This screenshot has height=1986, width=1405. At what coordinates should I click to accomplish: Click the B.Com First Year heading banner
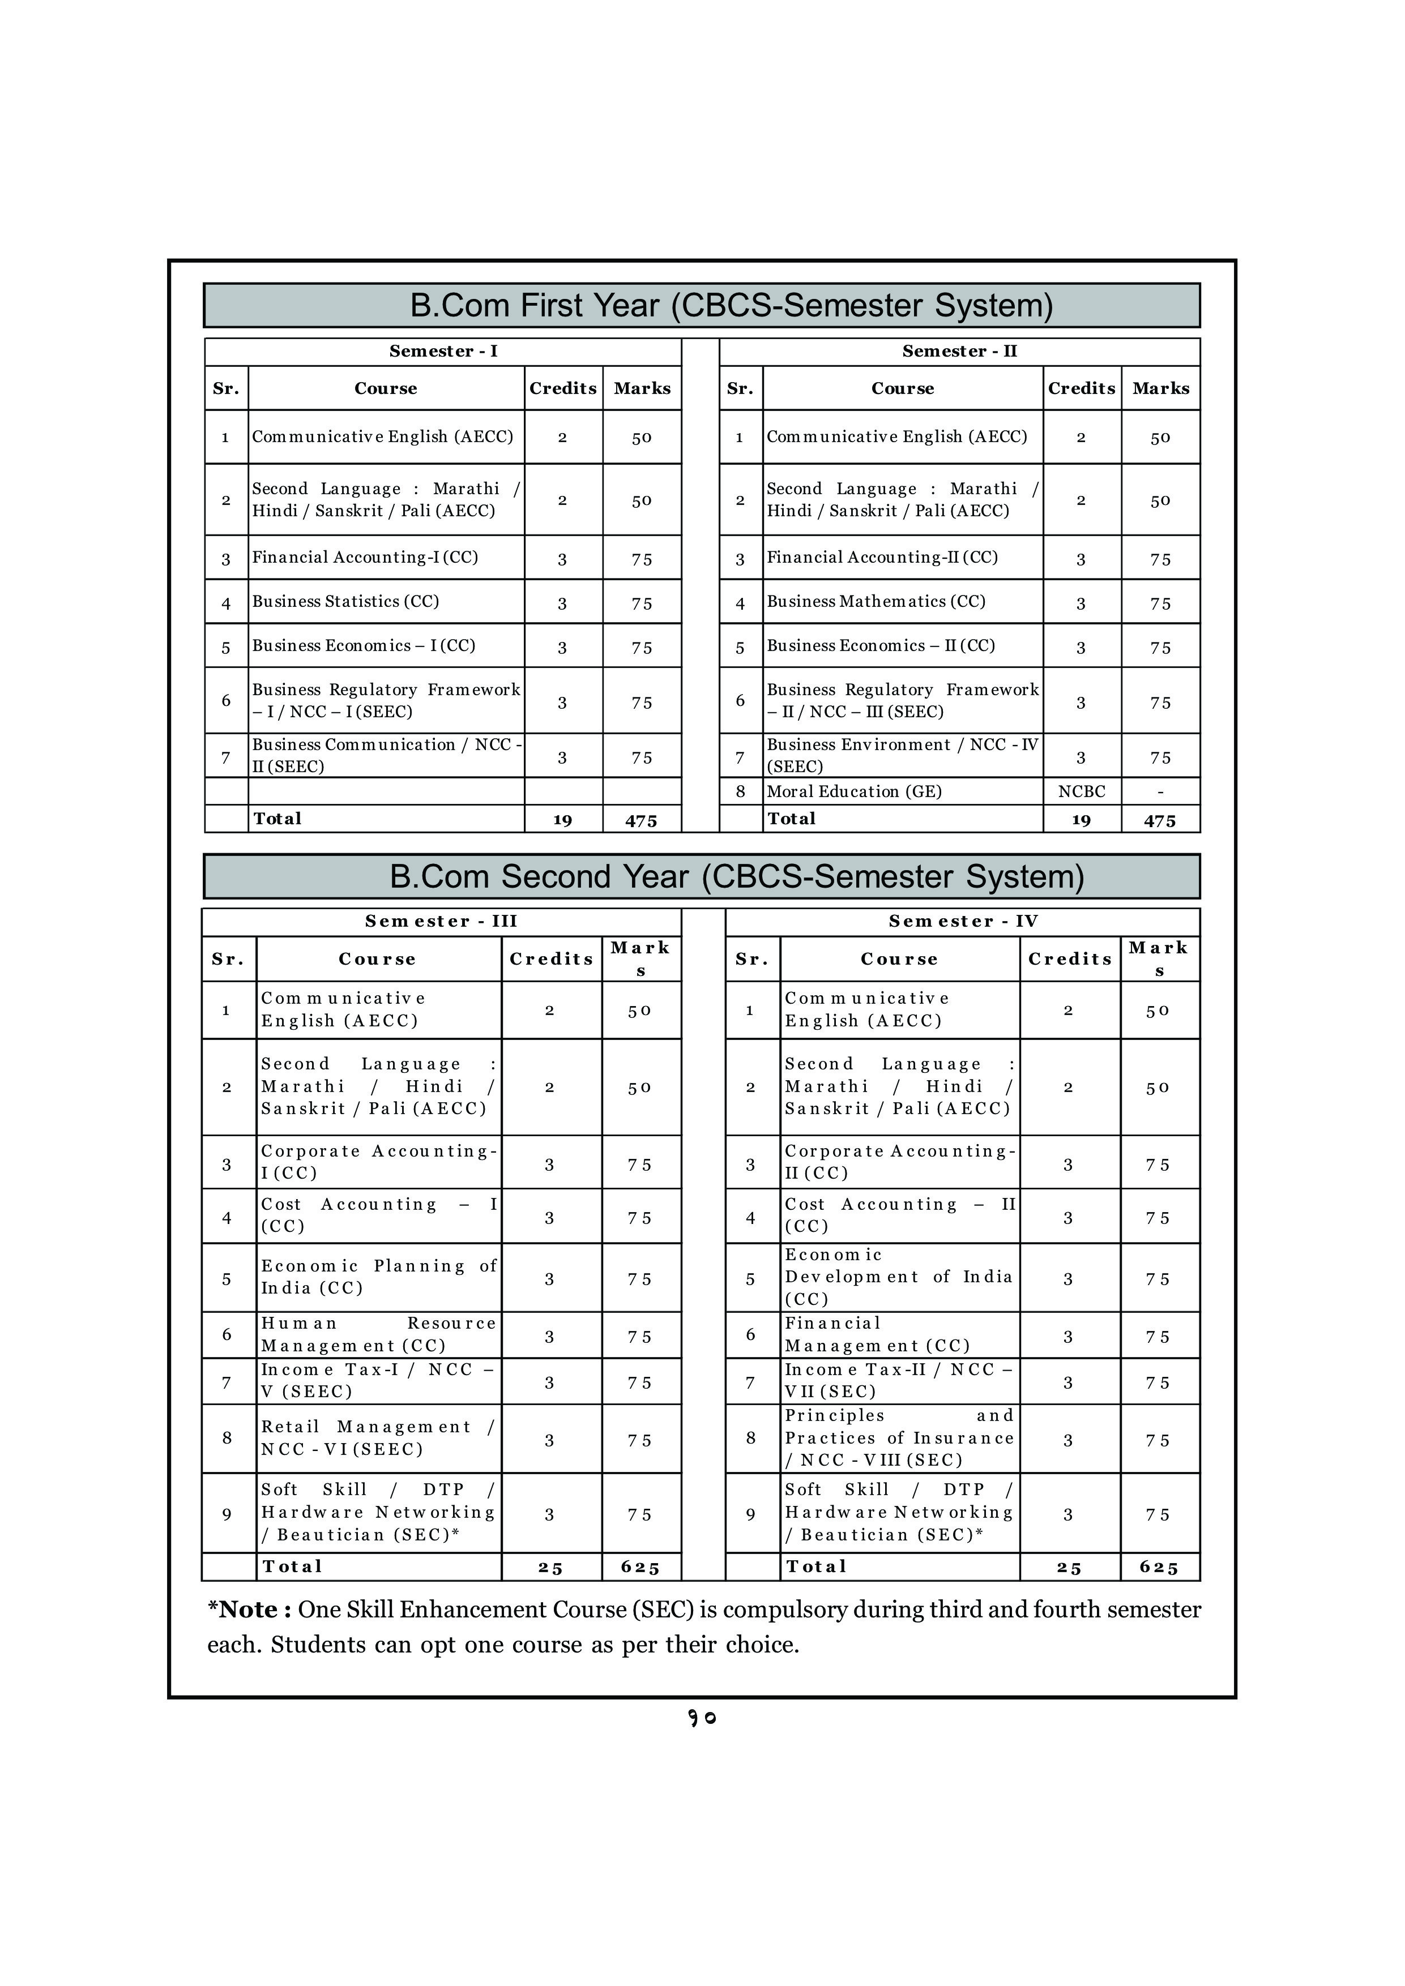(x=702, y=305)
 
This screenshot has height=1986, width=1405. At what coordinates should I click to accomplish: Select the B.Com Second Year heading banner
(x=702, y=876)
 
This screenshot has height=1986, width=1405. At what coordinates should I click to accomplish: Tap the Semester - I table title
(x=443, y=351)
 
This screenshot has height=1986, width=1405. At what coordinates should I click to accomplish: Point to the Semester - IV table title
(x=963, y=921)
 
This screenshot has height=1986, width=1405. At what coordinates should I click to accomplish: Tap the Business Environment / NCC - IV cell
(x=902, y=755)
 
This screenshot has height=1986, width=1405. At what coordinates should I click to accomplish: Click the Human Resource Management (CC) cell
(x=379, y=1335)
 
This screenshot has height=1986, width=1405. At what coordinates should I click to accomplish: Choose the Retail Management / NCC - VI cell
(x=378, y=1437)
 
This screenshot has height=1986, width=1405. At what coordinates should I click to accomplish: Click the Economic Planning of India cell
(x=379, y=1277)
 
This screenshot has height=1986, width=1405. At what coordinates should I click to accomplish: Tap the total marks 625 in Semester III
(x=640, y=1568)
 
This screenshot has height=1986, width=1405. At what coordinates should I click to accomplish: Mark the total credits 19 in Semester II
(x=1082, y=820)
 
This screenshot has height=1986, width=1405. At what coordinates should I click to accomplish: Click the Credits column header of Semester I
(x=563, y=388)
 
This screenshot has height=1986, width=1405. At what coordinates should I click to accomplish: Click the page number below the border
(x=702, y=1718)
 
